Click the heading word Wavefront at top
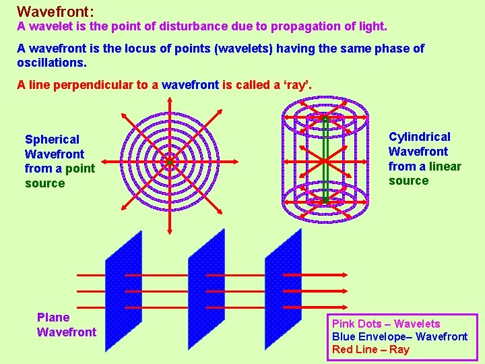(54, 11)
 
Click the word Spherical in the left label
(52, 140)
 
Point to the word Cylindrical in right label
(419, 137)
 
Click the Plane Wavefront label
(66, 324)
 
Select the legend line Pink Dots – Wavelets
(385, 324)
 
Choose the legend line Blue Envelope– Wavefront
(399, 336)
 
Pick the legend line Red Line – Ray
(370, 349)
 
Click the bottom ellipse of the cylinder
(325, 201)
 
